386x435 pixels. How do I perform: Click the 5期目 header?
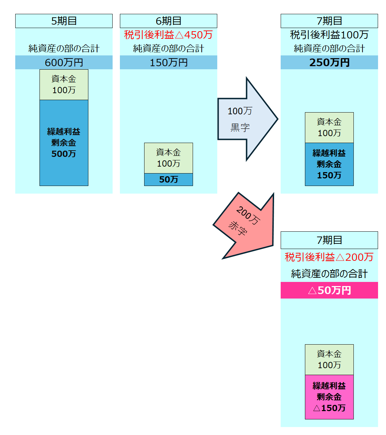pyautogui.click(x=64, y=21)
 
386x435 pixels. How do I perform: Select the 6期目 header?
pyautogui.click(x=168, y=21)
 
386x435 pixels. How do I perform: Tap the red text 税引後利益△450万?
pyautogui.click(x=168, y=35)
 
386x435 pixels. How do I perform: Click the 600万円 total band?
pyautogui.click(x=64, y=62)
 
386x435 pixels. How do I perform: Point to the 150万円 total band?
pyautogui.click(x=168, y=62)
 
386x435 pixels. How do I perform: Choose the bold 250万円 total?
pyautogui.click(x=329, y=62)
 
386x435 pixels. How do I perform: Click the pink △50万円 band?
pyautogui.click(x=329, y=290)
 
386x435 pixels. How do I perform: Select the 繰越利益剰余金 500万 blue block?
pyautogui.click(x=64, y=143)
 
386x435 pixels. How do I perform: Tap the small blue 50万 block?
pyautogui.click(x=168, y=179)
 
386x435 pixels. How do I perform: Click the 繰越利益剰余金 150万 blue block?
pyautogui.click(x=329, y=164)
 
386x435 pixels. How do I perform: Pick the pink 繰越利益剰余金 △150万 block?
pyautogui.click(x=329, y=397)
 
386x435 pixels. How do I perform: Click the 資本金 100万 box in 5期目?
pyautogui.click(x=64, y=85)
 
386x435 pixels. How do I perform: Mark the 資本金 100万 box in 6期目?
pyautogui.click(x=168, y=158)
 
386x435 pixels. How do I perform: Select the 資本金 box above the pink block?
pyautogui.click(x=329, y=359)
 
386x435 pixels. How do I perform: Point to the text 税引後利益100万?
pyautogui.click(x=329, y=35)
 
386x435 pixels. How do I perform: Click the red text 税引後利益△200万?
pyautogui.click(x=329, y=257)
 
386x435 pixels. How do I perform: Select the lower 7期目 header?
pyautogui.click(x=329, y=240)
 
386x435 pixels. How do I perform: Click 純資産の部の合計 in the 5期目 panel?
pyautogui.click(x=64, y=48)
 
